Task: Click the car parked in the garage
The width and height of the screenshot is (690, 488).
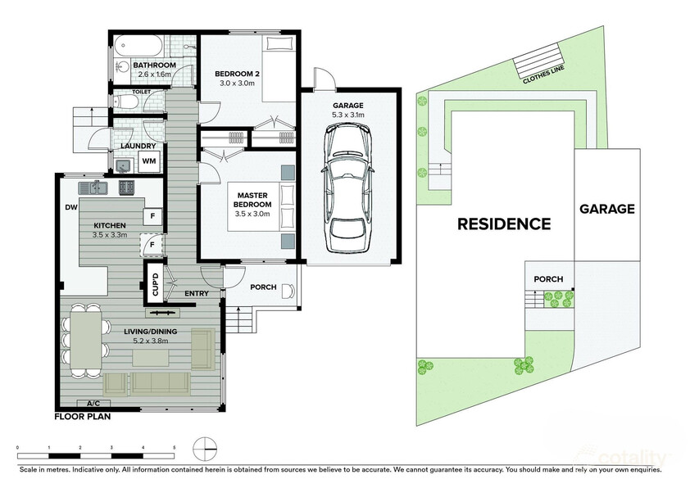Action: pos(348,188)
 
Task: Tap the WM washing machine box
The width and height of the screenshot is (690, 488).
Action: pos(149,161)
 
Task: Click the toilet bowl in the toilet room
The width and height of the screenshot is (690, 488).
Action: pos(127,102)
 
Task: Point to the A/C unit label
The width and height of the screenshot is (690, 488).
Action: pos(93,403)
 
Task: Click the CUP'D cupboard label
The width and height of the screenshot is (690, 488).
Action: pos(155,283)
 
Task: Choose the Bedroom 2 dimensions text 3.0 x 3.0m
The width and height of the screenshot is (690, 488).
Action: pos(235,83)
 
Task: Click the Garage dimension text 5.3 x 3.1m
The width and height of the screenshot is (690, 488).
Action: pos(348,115)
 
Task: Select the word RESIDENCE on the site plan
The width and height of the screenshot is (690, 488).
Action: pos(504,224)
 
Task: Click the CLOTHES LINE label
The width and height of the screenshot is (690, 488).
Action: pos(543,75)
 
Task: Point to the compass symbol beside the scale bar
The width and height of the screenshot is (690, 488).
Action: pos(205,449)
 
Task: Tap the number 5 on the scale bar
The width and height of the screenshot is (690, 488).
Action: pos(175,448)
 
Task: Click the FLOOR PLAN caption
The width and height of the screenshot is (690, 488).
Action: pos(83,416)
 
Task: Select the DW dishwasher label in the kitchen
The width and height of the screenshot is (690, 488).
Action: pos(71,207)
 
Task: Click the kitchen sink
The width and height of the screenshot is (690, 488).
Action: pos(93,188)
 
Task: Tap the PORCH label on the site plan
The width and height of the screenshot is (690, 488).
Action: pos(548,278)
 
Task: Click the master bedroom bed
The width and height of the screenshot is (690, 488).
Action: pos(261,207)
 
